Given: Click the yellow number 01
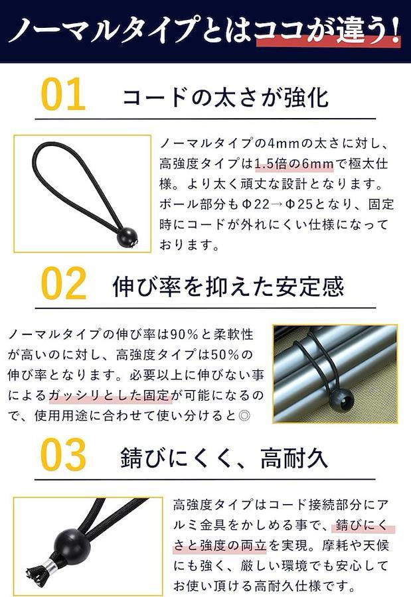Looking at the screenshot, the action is coord(63,94).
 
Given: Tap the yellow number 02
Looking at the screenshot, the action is coord(64,284).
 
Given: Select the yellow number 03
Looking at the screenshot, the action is coord(64,454).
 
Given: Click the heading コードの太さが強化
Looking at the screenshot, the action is coord(225,98).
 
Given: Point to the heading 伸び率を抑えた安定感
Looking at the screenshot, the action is coord(228,287).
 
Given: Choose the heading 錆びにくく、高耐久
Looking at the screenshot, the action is coord(224,458).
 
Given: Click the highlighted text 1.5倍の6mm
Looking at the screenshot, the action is coord(294,164).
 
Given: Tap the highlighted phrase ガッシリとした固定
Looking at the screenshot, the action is coord(110,395).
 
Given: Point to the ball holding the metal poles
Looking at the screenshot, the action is coord(341,399).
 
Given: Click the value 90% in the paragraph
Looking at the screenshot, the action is coord(184,335).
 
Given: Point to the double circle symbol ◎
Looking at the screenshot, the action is coord(244,415).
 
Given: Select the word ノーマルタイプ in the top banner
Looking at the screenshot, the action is coord(103,30).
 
